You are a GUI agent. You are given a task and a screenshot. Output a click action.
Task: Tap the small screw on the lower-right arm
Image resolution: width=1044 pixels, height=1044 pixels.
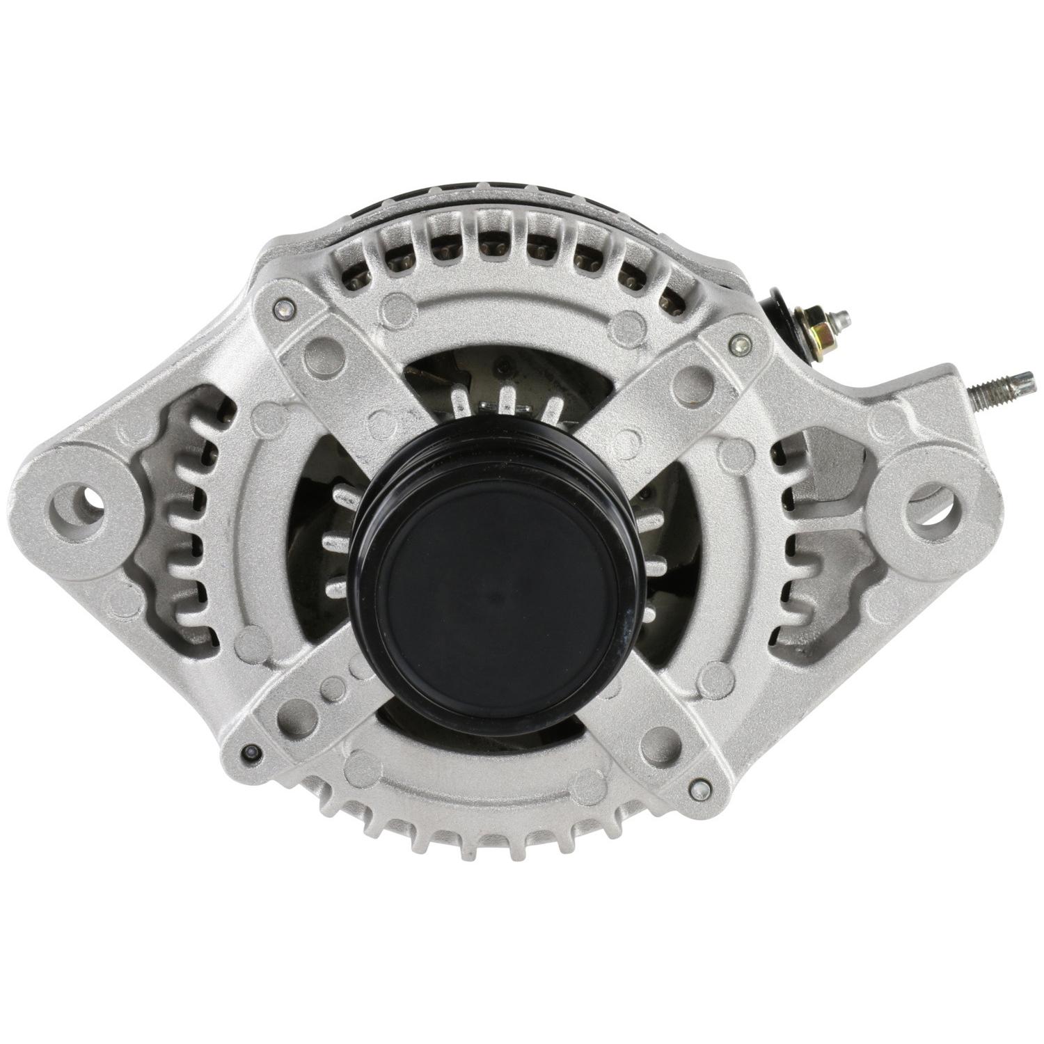[x=702, y=789]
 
